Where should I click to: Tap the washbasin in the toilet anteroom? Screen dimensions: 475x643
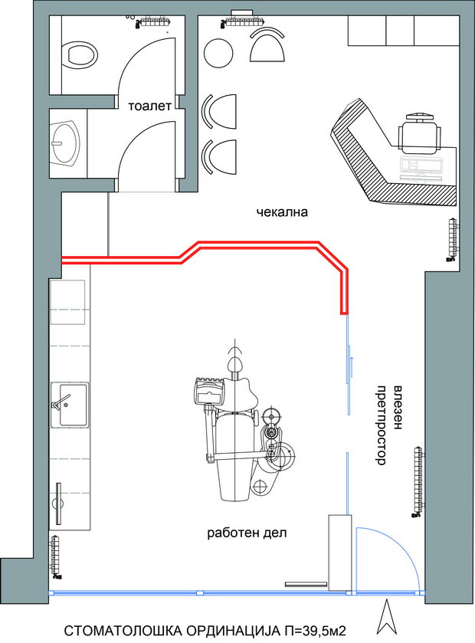point(66,143)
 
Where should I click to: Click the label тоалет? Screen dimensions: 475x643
point(149,107)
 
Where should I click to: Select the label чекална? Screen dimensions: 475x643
point(282,212)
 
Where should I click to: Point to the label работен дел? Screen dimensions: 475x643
point(247,533)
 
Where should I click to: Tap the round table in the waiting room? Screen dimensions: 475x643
point(219,52)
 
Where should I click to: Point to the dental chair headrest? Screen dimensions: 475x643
point(235,363)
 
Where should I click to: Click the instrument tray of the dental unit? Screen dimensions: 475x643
point(209,392)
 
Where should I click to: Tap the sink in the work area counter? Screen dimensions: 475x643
point(70,405)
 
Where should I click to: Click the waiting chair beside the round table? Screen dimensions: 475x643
point(267,45)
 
